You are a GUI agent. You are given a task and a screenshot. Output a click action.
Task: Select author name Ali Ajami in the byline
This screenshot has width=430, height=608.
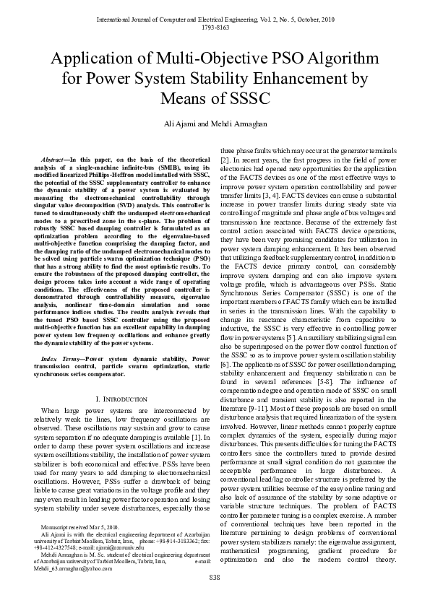[x=184, y=123]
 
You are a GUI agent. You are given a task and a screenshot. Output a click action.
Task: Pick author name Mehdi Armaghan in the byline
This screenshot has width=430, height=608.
[x=235, y=123]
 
